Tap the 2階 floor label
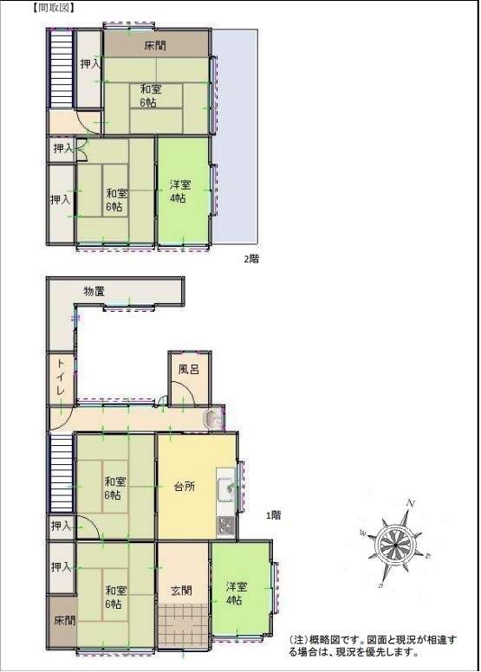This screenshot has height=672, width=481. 251,259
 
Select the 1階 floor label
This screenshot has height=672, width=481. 274,515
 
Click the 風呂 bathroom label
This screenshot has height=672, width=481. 189,370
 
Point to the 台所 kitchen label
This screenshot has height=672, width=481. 185,487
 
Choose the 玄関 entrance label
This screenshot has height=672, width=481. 181,591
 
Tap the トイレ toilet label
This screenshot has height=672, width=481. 61,378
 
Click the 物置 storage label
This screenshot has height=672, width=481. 94,292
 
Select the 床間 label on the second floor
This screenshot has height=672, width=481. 155,45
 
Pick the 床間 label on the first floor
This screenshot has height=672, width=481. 65,620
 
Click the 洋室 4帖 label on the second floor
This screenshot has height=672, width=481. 179,191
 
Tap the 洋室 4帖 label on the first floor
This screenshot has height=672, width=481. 237,593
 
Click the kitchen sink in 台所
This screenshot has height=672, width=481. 226,489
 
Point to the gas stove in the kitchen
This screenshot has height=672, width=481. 225,525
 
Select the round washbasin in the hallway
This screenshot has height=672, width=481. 211,419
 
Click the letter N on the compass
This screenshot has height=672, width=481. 411,504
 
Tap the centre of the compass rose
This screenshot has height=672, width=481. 393,545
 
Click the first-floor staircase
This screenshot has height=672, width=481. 62,474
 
